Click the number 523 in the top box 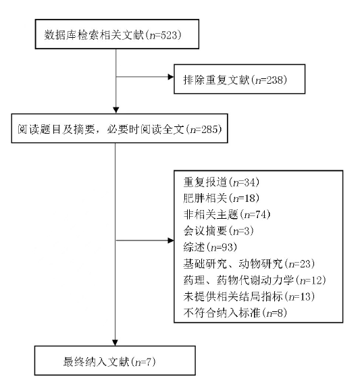[170, 34]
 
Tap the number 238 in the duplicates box [275, 80]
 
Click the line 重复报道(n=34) [222, 182]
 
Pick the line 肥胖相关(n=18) [222, 199]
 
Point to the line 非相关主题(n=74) [227, 215]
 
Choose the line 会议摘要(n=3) [219, 231]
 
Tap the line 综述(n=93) [210, 247]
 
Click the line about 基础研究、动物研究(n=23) [249, 263]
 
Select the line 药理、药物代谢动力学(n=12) [255, 280]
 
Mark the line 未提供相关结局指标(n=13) [249, 296]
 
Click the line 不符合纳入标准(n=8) [235, 313]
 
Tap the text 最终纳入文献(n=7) [109, 362]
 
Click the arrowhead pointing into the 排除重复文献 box [171, 77]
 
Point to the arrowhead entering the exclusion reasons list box [171, 240]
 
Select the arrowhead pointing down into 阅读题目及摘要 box [116, 110]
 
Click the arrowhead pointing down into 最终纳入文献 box [115, 342]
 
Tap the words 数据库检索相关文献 [94, 34]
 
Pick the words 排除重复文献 [216, 80]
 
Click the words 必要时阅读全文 [146, 129]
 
